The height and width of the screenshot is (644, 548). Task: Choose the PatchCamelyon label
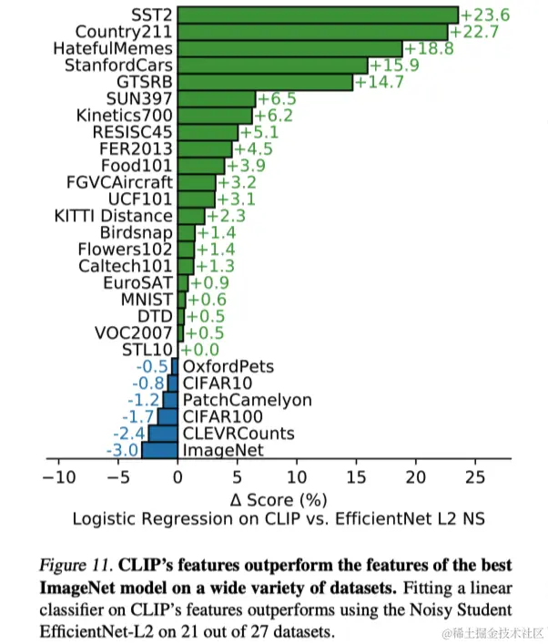point(247,400)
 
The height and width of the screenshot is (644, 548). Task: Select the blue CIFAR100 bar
point(167,416)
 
